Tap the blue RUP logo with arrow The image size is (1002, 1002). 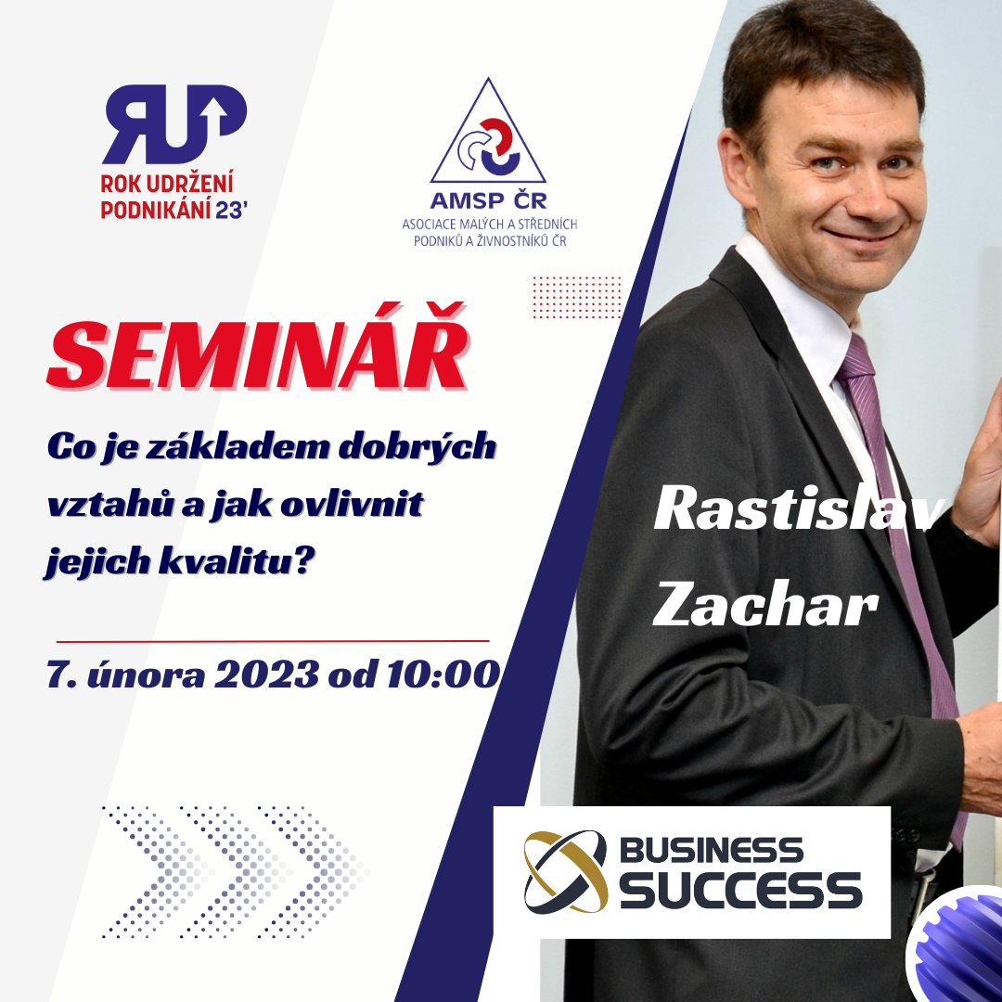click(173, 123)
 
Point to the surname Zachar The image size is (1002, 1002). click(764, 603)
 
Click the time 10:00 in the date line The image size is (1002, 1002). click(443, 674)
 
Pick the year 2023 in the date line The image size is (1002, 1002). click(266, 674)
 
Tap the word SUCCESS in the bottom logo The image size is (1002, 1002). click(740, 889)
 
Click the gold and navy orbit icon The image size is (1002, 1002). click(565, 871)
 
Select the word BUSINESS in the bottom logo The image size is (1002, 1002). click(712, 851)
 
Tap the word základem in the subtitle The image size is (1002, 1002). click(238, 446)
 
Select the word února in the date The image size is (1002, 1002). click(146, 674)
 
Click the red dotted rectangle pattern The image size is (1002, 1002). click(577, 297)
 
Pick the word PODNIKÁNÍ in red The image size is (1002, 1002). click(156, 210)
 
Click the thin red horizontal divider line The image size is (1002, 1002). click(273, 640)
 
